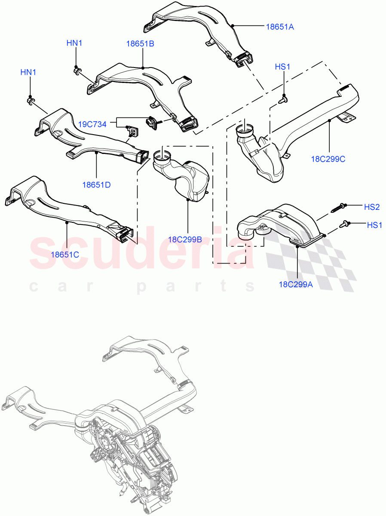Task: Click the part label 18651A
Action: click(279, 27)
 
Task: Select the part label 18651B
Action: click(140, 44)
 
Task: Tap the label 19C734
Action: click(92, 124)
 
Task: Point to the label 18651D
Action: click(97, 185)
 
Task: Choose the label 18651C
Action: click(65, 254)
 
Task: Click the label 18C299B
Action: click(185, 240)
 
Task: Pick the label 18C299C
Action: click(328, 159)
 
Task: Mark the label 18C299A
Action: click(296, 284)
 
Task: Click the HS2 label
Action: click(372, 207)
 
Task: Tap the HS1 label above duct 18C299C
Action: click(283, 67)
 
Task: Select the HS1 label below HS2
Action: click(374, 224)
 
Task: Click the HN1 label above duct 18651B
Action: click(74, 43)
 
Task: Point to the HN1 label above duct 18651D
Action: click(28, 72)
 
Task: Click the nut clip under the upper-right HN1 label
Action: click(77, 70)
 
